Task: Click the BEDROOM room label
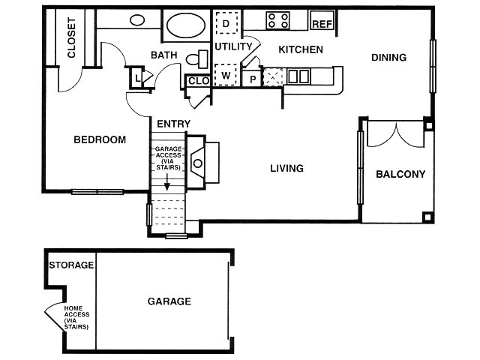tap(99, 139)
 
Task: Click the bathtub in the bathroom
tap(186, 25)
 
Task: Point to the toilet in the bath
tap(199, 59)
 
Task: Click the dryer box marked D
tap(226, 24)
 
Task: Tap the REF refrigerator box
tap(322, 23)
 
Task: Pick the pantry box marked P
tap(253, 77)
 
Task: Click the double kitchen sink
tap(298, 76)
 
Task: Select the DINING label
tap(388, 57)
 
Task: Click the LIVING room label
tap(286, 168)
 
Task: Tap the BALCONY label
tap(400, 174)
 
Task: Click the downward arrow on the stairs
tap(167, 184)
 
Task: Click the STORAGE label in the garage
tap(71, 265)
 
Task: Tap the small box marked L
tap(138, 76)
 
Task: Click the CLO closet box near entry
tap(198, 80)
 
